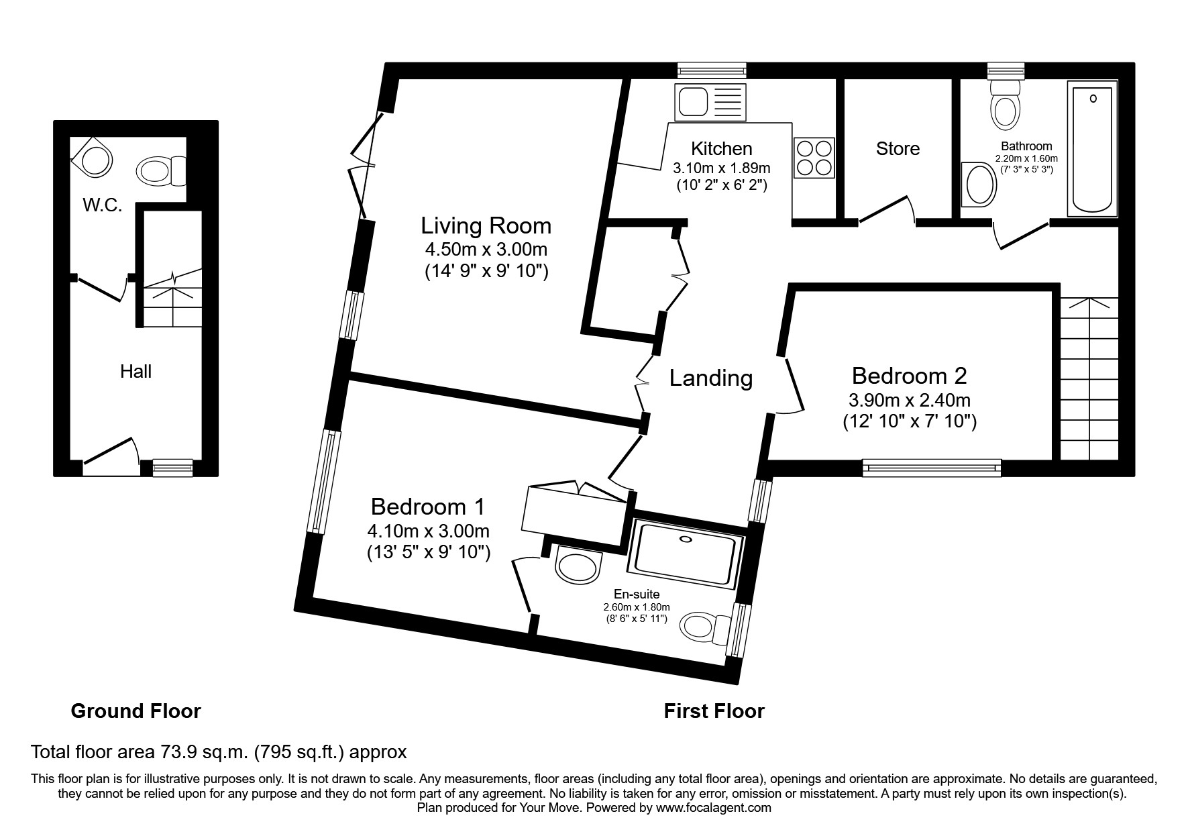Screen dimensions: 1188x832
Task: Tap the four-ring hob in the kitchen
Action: pyautogui.click(x=814, y=158)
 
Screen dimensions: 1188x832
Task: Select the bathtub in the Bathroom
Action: pyautogui.click(x=1093, y=148)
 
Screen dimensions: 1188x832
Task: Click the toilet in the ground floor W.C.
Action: pyautogui.click(x=161, y=171)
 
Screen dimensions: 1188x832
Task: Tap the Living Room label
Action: pyautogui.click(x=486, y=225)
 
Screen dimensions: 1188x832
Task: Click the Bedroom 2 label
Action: pyautogui.click(x=909, y=376)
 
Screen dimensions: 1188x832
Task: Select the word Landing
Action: pyautogui.click(x=711, y=378)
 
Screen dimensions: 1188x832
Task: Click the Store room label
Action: pyautogui.click(x=898, y=148)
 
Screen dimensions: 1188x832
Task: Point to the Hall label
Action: pyautogui.click(x=136, y=371)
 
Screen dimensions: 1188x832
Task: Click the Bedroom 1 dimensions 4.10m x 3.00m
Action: pyautogui.click(x=428, y=531)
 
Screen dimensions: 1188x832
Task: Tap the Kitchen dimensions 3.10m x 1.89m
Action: pyautogui.click(x=721, y=167)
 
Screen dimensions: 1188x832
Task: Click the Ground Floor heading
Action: pyautogui.click(x=136, y=711)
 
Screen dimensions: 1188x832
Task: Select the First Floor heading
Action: pyautogui.click(x=714, y=711)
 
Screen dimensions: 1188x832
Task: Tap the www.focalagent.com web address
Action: pyautogui.click(x=714, y=808)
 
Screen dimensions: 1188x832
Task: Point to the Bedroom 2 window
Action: pyautogui.click(x=932, y=468)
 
